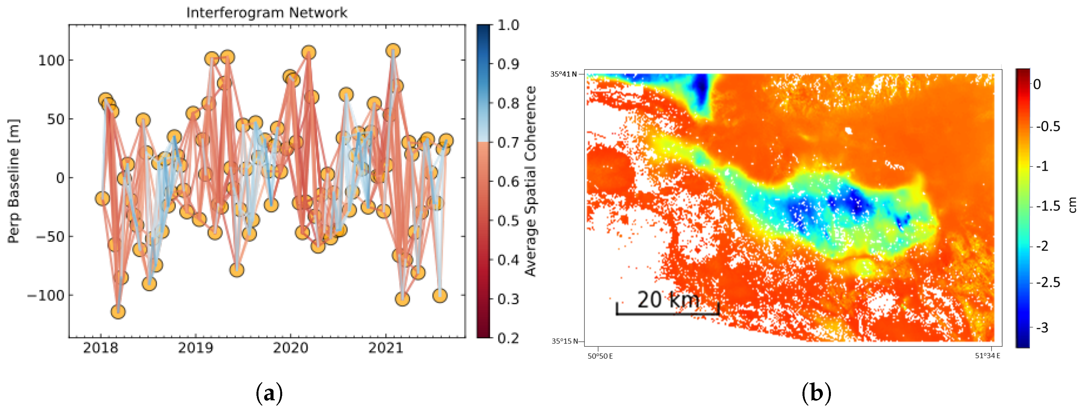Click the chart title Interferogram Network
tap(267, 13)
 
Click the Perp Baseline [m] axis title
tap(13, 181)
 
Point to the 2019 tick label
tap(195, 348)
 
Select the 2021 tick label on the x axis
tap(385, 348)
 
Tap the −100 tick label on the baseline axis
tap(46, 296)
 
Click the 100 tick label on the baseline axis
tap(51, 60)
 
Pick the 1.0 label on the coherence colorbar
tap(508, 25)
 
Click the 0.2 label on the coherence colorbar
tap(508, 338)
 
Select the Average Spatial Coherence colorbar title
tap(531, 181)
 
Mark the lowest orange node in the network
tap(118, 311)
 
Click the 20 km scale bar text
tap(668, 300)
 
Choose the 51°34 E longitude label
tap(987, 356)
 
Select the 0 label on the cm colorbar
tap(1037, 84)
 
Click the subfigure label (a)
tap(269, 394)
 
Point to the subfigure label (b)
tap(816, 394)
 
